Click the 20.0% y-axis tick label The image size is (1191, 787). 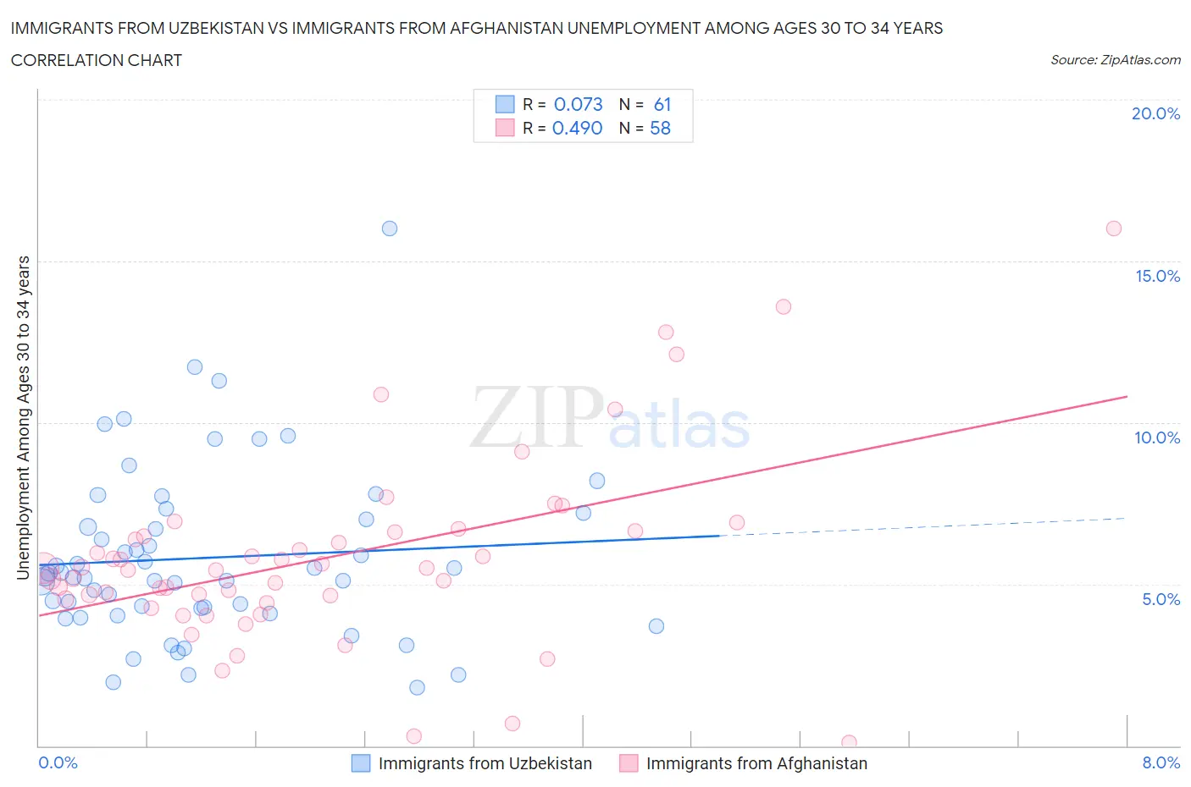click(x=1155, y=113)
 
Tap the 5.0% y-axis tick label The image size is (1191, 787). click(x=1161, y=599)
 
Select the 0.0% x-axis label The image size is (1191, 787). click(x=58, y=762)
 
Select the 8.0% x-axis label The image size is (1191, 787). click(x=1161, y=762)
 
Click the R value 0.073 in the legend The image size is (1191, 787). click(x=578, y=104)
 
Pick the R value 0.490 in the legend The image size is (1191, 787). click(x=577, y=128)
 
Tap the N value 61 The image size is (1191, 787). click(x=662, y=104)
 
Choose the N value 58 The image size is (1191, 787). click(x=660, y=128)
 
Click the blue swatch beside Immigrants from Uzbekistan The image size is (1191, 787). click(x=361, y=763)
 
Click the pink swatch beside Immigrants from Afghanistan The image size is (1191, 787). click(x=629, y=763)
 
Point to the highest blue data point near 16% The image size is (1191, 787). click(x=390, y=228)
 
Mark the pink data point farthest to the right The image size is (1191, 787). click(x=1114, y=228)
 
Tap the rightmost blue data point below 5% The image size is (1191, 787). click(x=656, y=626)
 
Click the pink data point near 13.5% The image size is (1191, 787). click(x=784, y=306)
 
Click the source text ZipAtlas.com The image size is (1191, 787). click(x=1115, y=60)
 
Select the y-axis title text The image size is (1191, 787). click(x=23, y=417)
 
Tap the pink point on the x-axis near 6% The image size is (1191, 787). click(x=849, y=742)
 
